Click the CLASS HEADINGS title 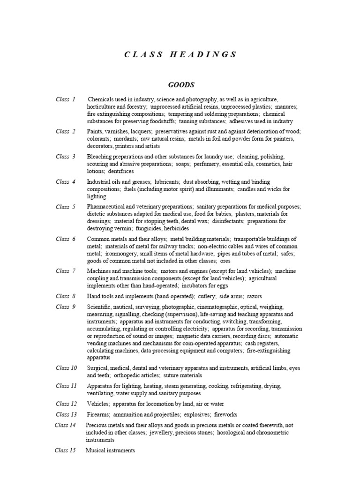coord(180,54)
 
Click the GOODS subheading coord(181,85)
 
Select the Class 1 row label coord(65,99)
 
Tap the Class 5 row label coord(65,207)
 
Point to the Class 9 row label coord(65,307)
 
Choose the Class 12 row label coord(66,404)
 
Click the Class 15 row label coord(65,450)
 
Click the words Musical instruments coord(110,450)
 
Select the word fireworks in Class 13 coord(225,415)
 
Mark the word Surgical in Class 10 coord(98,368)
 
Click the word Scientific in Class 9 coord(100,307)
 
